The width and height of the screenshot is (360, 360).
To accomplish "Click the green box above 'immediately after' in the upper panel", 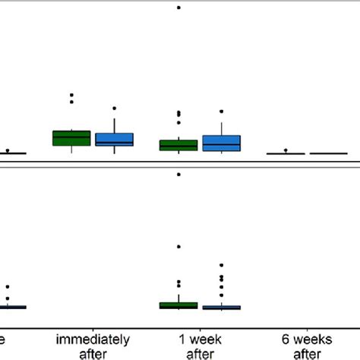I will (x=71, y=137).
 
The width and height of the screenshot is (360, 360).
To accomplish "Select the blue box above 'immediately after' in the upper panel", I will (x=114, y=139).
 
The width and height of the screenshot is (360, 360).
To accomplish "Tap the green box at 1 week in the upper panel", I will (x=178, y=145).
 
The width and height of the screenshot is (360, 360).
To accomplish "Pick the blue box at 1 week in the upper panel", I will (x=221, y=143).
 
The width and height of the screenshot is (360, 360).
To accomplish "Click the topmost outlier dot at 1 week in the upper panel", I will (x=178, y=8).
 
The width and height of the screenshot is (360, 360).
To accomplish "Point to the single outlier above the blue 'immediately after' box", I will (x=114, y=109).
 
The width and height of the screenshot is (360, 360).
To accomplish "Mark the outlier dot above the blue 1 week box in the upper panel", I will (x=221, y=112).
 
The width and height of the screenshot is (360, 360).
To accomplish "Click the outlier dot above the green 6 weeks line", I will (x=286, y=150).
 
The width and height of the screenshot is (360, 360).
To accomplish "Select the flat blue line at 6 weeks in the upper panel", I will (x=328, y=153).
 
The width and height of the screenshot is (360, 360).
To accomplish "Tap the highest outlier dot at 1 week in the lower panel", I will (x=178, y=175).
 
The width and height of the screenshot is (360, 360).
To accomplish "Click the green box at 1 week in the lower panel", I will (x=178, y=305).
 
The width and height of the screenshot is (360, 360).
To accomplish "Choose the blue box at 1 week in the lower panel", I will (x=221, y=308).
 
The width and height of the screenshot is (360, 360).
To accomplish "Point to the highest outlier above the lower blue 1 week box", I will (x=221, y=265).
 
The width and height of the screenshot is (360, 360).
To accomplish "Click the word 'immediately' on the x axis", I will (x=93, y=339).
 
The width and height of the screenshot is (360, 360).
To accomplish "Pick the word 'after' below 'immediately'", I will (x=93, y=353).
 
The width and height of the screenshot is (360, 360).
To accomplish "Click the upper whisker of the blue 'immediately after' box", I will (x=114, y=126).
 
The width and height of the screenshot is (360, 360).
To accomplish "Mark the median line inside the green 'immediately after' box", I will (x=71, y=137).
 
